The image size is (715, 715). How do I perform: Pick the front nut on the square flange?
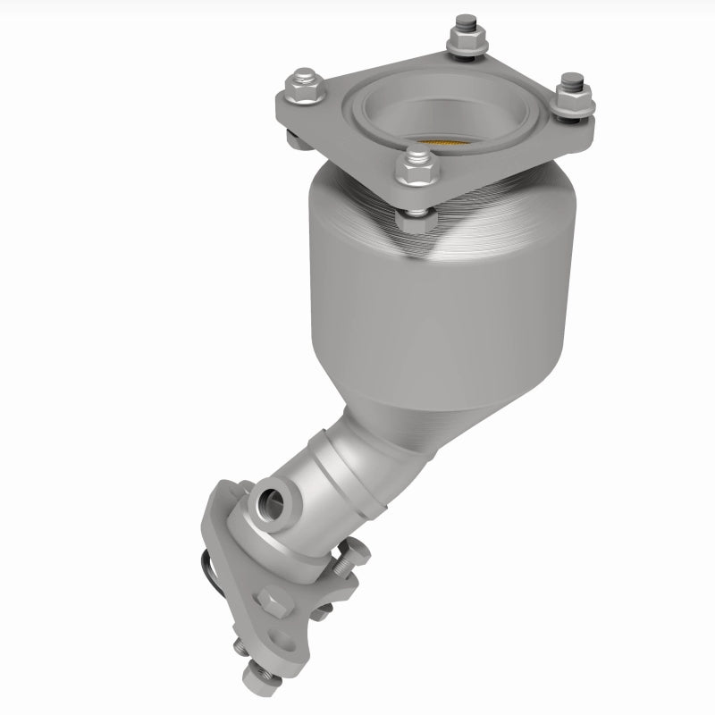pyautogui.click(x=414, y=168)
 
